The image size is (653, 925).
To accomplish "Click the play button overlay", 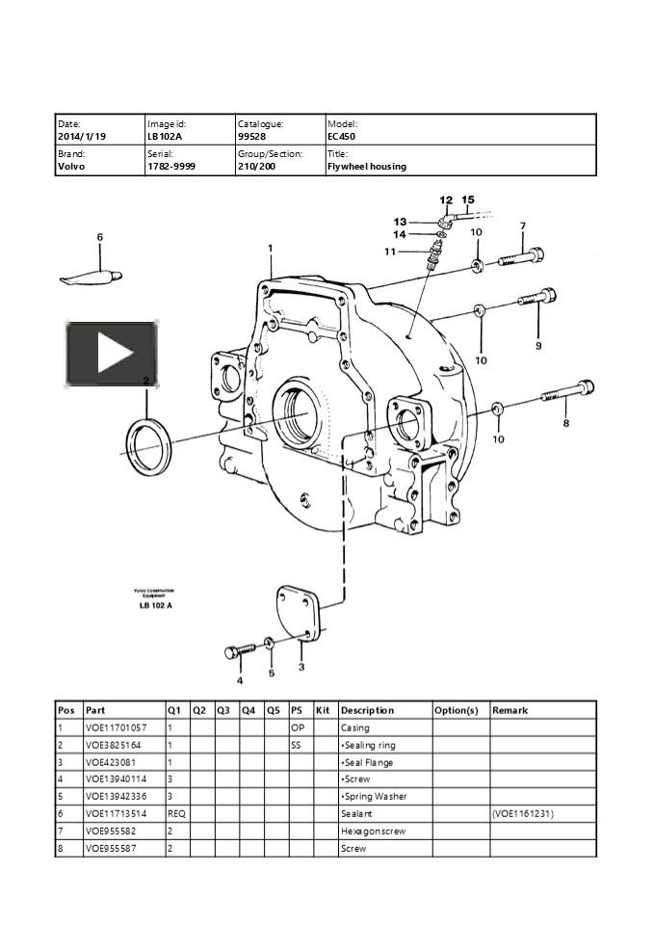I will point(112,354).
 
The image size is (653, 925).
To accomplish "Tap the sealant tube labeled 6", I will point(92,277).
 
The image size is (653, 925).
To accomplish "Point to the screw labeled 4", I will point(240,649).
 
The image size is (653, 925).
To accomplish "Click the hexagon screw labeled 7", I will point(521,258).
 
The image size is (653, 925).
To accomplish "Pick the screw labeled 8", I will point(564,394).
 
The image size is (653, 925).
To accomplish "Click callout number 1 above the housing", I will point(271,249).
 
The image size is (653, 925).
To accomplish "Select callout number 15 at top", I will point(468,201).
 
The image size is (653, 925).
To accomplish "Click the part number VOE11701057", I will point(117,727).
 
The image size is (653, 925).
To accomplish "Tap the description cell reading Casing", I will point(355,727).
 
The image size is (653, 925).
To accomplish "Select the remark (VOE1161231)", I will point(523,814).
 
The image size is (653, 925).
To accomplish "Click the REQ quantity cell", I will point(176,814).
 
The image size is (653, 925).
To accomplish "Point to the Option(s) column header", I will point(457,710).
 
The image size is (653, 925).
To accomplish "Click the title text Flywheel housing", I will point(367,167).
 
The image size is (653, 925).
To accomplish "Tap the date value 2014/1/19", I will point(82,137).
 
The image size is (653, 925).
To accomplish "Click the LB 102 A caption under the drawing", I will point(154,605).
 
